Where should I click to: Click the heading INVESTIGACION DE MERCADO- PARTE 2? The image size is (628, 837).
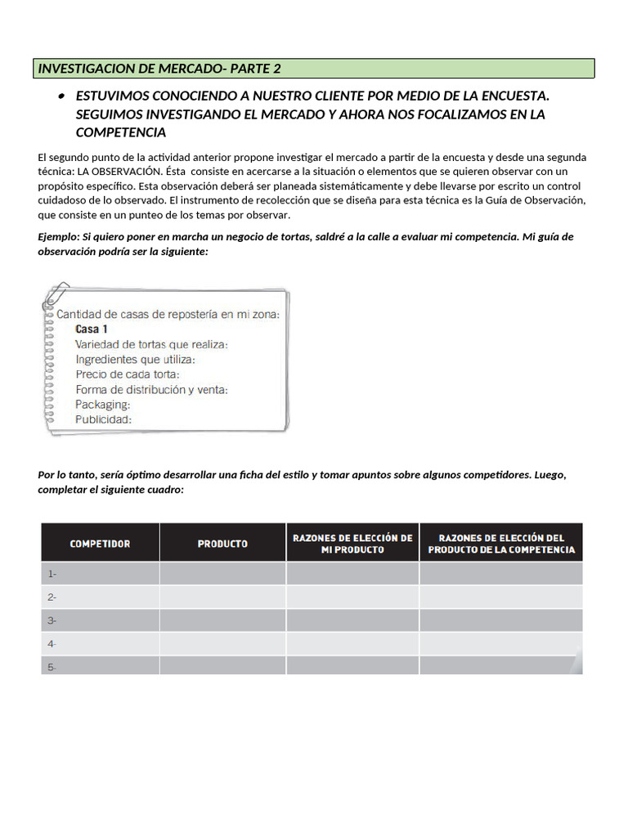point(159,69)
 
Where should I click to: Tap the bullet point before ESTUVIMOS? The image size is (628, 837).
point(61,97)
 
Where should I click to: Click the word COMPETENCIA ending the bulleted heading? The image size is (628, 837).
point(121,132)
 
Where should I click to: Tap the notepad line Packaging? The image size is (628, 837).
point(102,404)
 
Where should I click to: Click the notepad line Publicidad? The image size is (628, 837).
point(103,419)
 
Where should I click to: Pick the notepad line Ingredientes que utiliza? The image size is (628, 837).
point(136,359)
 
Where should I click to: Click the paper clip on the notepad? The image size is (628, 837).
point(59,295)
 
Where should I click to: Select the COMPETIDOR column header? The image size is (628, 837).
point(100,544)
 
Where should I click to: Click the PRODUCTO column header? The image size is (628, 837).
point(222,544)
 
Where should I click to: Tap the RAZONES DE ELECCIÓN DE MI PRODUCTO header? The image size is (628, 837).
point(352,544)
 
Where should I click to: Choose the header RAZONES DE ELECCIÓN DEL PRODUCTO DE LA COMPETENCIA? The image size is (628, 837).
point(501,544)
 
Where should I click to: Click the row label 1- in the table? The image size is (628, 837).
point(52,574)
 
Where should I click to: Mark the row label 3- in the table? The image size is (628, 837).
point(52,620)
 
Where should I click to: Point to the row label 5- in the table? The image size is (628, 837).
point(52,667)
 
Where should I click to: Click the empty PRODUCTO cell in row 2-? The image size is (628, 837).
point(222,597)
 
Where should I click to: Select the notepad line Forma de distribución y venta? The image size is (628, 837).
point(151,389)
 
